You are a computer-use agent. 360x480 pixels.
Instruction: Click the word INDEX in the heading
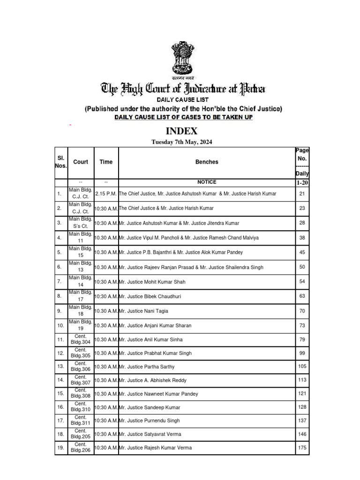click(180, 131)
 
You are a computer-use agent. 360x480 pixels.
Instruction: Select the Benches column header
click(207, 162)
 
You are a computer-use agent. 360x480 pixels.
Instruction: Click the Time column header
click(106, 162)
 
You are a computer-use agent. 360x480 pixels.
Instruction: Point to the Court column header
click(81, 162)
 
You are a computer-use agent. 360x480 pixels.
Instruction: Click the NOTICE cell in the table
click(207, 182)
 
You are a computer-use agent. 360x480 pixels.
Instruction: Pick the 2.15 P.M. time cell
click(106, 194)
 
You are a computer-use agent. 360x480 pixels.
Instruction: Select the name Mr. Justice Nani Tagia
click(144, 311)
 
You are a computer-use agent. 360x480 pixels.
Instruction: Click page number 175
click(302, 448)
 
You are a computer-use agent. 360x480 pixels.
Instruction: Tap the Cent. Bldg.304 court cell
click(81, 339)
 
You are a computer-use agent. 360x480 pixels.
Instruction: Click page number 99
click(302, 353)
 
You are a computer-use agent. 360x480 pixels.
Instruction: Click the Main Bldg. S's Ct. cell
click(81, 223)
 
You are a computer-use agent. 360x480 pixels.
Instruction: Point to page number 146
click(302, 434)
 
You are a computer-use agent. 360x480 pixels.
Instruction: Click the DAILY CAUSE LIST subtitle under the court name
click(182, 100)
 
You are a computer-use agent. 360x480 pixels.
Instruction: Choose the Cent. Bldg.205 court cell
click(81, 434)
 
